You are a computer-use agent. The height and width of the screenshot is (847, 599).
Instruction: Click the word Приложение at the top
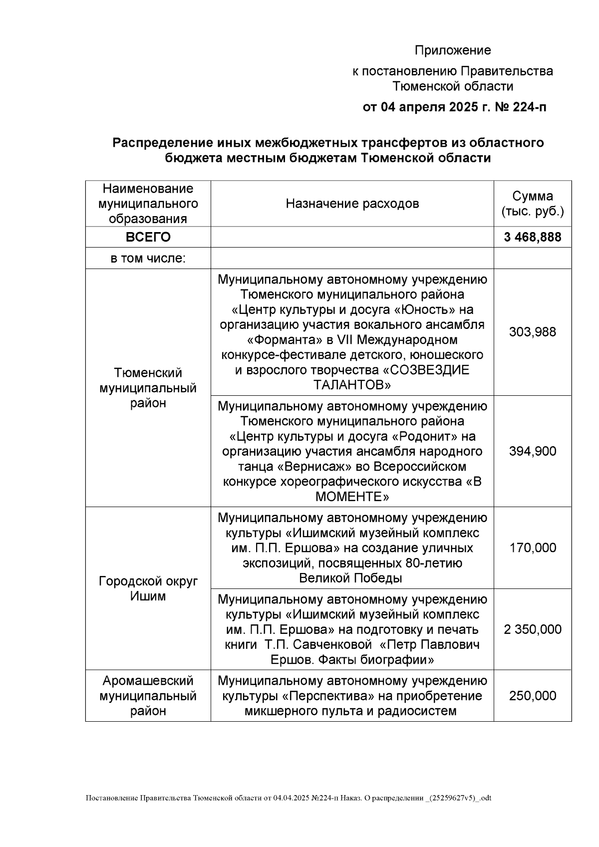pos(453,50)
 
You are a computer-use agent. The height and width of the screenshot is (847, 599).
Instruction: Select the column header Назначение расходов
pos(352,204)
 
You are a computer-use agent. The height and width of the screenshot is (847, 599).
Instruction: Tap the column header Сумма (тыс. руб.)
pos(533,204)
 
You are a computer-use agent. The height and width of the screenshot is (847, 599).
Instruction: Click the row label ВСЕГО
pos(148,237)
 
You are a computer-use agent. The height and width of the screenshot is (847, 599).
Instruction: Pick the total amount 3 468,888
pos(533,237)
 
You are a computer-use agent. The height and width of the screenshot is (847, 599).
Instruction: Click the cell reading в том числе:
pos(148,259)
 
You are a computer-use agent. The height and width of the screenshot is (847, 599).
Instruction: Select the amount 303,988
pos(533,332)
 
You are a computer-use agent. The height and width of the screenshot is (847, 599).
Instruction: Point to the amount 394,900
pos(533,451)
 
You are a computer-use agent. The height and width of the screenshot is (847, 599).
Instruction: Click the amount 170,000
pos(533,548)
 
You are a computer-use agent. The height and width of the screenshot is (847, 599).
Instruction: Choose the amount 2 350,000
pos(533,629)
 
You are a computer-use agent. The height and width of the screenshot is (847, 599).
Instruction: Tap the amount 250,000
pos(533,696)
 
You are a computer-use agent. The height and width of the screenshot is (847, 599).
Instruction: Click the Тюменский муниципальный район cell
pos(148,388)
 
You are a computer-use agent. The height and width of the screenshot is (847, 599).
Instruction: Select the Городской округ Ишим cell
pos(148,588)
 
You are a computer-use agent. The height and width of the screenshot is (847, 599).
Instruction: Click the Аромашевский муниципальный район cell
pos(148,696)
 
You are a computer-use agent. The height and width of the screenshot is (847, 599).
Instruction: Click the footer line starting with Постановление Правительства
pos(289,798)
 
